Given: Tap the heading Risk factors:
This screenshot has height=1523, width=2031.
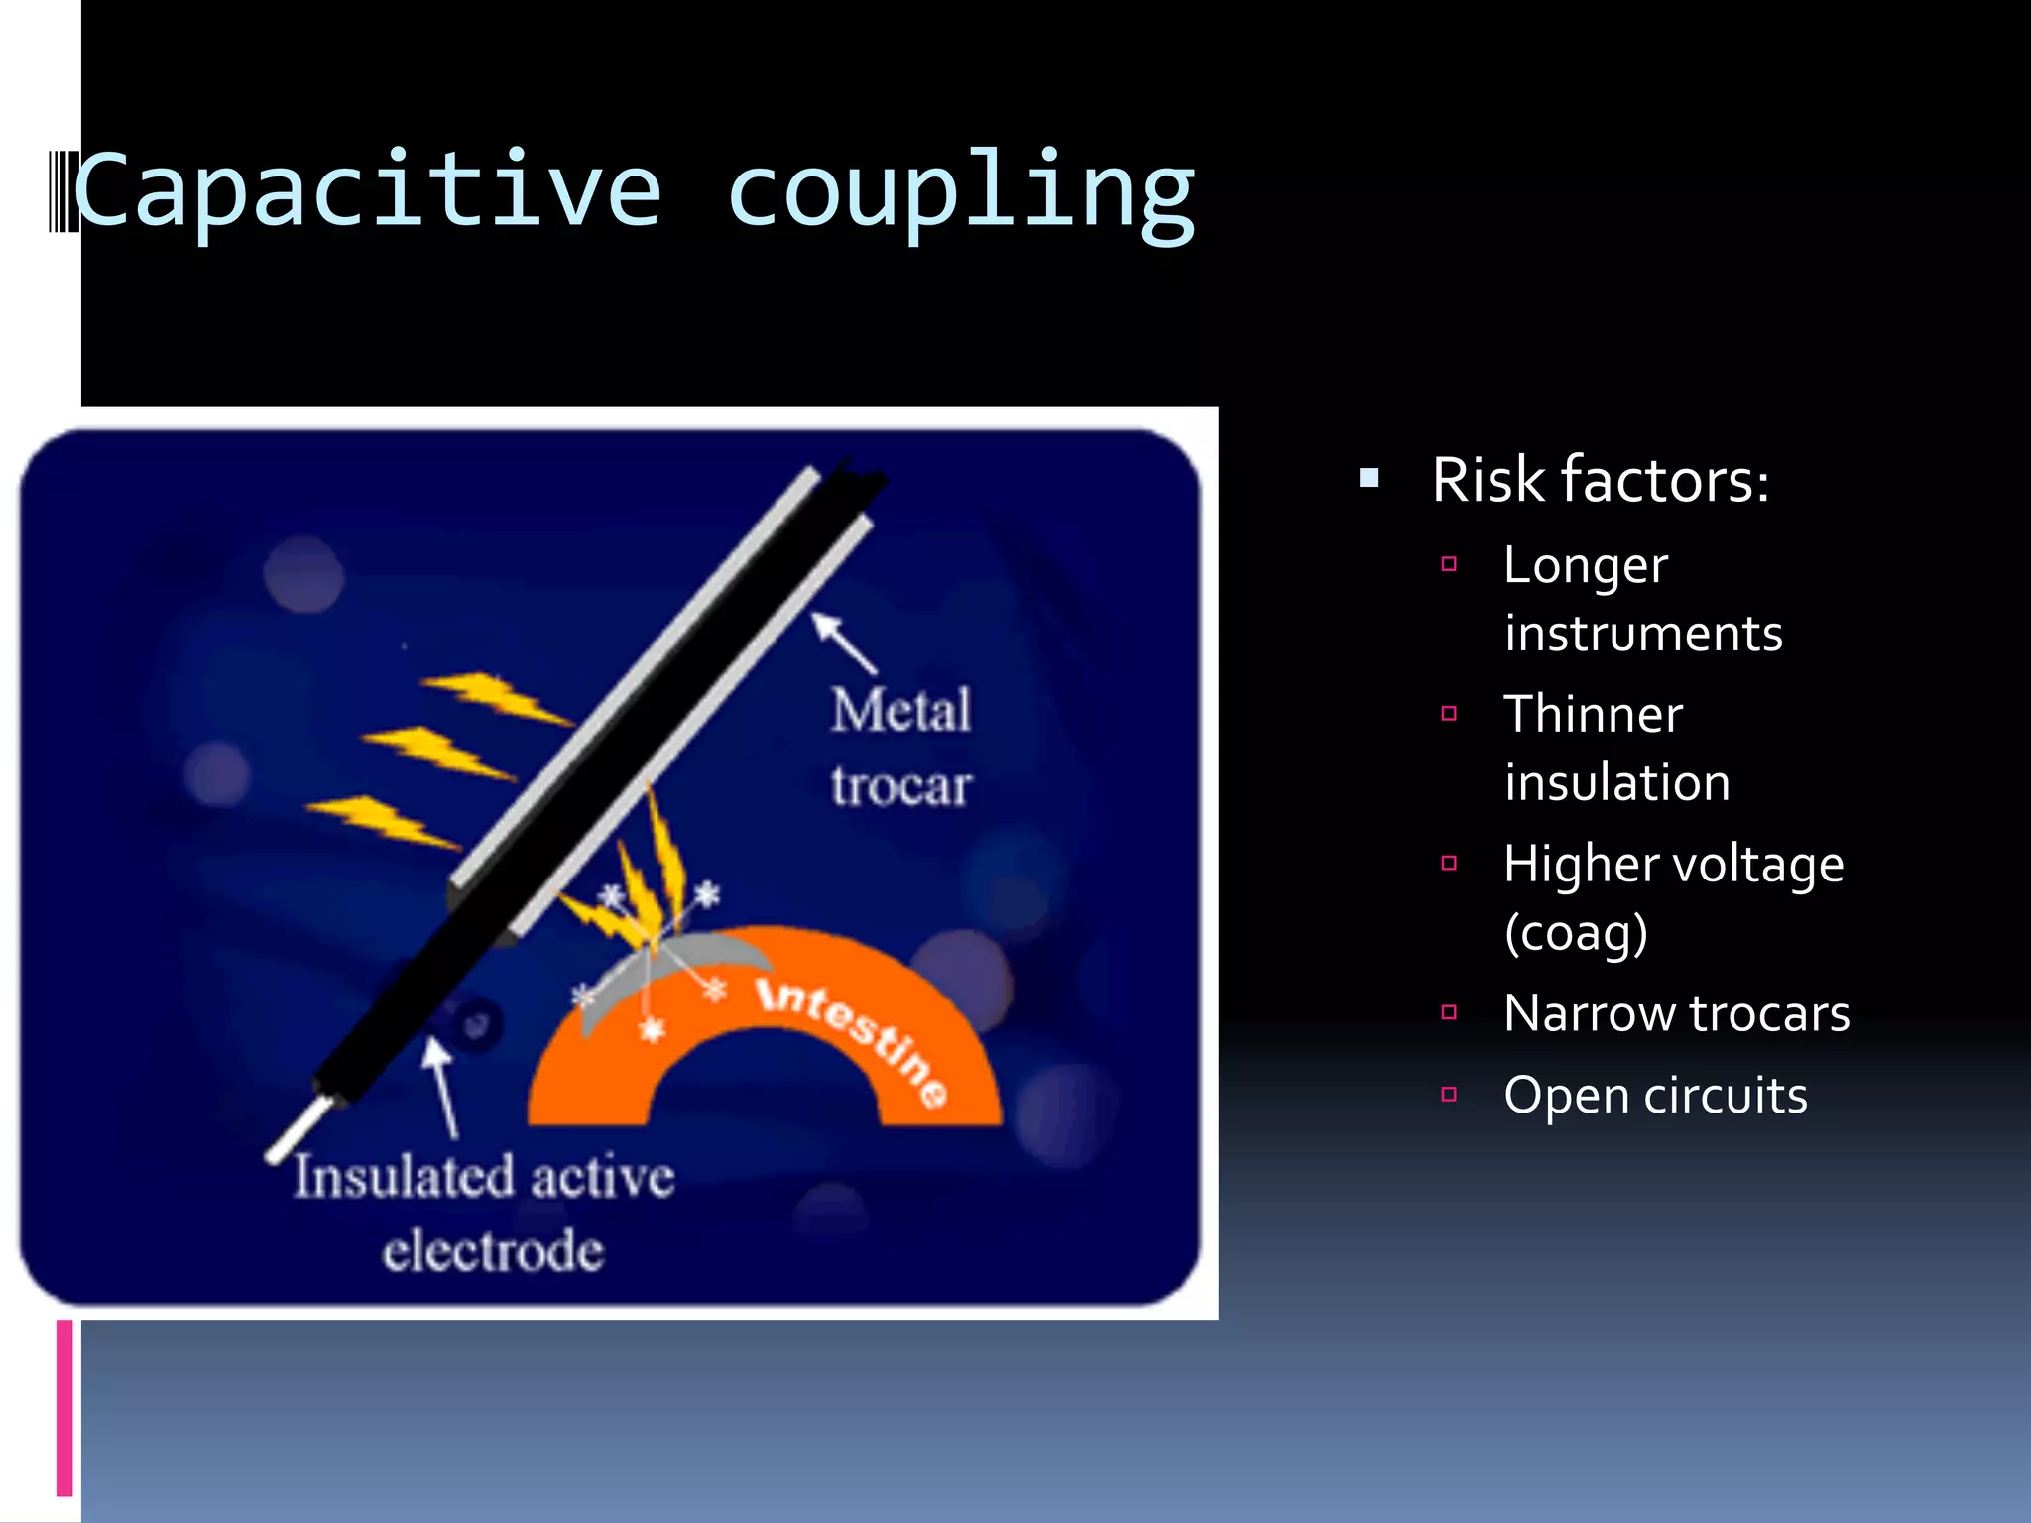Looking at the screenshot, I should click(x=1600, y=481).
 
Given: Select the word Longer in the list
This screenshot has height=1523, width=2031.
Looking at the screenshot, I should click(x=1585, y=567).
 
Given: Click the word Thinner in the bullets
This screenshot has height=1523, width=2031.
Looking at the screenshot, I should click(x=1593, y=715).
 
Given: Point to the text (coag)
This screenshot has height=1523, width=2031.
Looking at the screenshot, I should click(x=1576, y=933).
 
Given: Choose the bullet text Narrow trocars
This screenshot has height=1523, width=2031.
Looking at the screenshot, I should click(x=1676, y=1013).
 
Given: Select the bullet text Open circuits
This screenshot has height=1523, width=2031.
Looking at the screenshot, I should click(x=1655, y=1096).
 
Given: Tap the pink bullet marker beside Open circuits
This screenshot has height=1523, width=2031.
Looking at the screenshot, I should click(x=1449, y=1095).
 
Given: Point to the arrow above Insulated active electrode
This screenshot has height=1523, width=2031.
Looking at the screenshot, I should click(x=441, y=1086).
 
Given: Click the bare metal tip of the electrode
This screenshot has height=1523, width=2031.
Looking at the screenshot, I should click(x=298, y=1130).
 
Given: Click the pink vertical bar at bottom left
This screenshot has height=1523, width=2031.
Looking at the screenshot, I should click(x=64, y=1408).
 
